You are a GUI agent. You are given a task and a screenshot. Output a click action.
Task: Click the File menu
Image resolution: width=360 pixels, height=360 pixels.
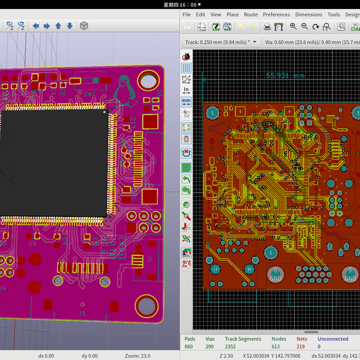[x=187, y=14]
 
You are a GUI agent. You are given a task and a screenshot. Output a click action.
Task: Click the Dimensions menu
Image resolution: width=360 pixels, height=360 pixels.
[x=308, y=14]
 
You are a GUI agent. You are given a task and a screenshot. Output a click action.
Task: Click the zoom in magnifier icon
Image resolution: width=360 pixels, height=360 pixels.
[x=293, y=26]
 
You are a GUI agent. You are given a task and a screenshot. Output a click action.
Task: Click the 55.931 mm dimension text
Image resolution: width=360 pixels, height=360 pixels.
[x=286, y=76]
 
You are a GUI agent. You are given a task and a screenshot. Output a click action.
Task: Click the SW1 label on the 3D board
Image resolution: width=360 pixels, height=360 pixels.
[x=89, y=94]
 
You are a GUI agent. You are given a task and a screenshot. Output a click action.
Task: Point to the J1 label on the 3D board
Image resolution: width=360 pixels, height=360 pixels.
[x=82, y=313]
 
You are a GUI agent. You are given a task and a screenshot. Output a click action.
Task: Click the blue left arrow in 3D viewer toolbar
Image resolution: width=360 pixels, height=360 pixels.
[x=35, y=26]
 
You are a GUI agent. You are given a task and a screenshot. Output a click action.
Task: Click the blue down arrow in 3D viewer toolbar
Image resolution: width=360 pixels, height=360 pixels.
[x=70, y=26]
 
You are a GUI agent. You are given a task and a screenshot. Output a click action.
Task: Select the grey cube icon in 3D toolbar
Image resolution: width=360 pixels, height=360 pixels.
[x=85, y=26]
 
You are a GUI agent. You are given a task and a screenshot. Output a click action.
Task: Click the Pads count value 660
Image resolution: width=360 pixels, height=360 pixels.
[x=189, y=346]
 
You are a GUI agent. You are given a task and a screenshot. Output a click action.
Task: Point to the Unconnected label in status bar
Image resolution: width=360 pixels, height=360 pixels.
[x=332, y=339]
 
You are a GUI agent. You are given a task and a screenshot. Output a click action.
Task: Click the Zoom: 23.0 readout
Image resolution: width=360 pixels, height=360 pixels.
[x=137, y=356]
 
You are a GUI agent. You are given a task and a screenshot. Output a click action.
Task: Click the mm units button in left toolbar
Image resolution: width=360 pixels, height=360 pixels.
[x=186, y=101]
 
